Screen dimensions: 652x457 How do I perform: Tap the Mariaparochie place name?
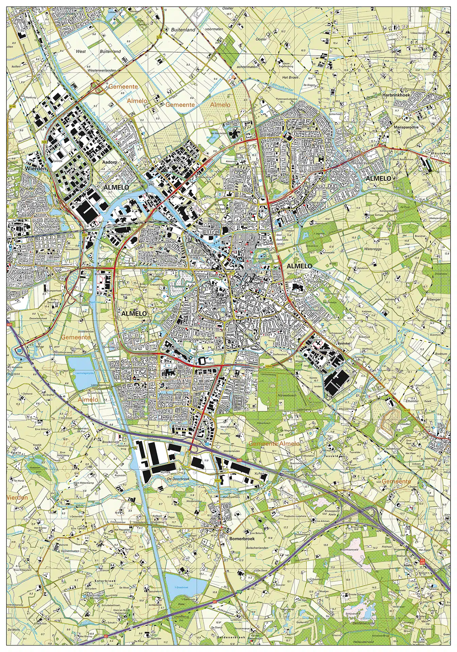(x=406, y=127)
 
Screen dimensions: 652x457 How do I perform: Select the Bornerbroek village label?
(x=242, y=539)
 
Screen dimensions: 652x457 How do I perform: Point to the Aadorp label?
(x=109, y=162)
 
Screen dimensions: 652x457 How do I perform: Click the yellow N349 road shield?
(x=269, y=366)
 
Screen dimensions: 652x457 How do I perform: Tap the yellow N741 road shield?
(x=218, y=481)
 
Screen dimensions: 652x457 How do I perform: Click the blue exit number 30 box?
(x=207, y=444)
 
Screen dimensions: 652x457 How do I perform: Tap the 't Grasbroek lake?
(x=185, y=585)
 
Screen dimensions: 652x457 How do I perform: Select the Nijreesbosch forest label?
(x=287, y=395)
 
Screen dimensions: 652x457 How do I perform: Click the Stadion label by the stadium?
(x=210, y=363)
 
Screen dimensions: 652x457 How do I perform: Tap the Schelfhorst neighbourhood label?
(x=305, y=127)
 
